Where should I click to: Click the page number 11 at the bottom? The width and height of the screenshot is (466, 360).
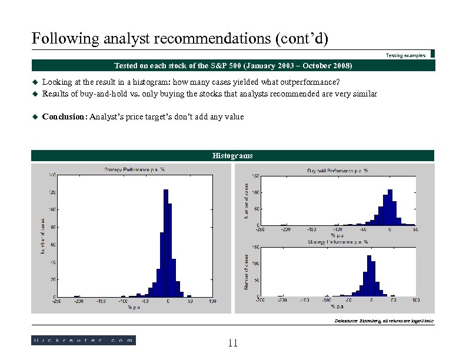click(232, 343)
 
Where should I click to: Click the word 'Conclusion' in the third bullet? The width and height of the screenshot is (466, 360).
click(64, 117)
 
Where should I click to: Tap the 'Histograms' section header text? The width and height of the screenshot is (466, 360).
click(232, 156)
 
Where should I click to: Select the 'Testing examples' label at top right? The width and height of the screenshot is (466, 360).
click(405, 55)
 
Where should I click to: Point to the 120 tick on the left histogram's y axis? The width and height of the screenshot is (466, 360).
click(52, 192)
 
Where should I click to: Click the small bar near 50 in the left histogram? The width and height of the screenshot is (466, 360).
click(189, 295)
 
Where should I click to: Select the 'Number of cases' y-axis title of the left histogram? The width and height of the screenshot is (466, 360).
click(42, 236)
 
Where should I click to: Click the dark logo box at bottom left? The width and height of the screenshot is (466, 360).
click(83, 340)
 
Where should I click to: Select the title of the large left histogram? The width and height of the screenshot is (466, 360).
click(134, 170)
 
